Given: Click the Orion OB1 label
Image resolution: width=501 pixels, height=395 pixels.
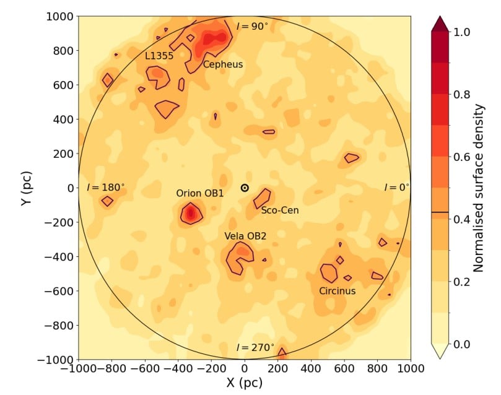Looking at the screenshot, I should [x=200, y=193].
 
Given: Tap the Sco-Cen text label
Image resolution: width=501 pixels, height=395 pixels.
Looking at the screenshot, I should [x=280, y=211].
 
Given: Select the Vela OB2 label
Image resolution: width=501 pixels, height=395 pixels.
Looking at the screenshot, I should [x=245, y=236].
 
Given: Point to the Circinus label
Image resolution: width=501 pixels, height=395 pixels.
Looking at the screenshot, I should [x=338, y=291].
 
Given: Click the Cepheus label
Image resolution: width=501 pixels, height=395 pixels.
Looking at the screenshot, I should [x=223, y=64].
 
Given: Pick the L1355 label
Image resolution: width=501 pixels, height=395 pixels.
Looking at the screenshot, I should [x=159, y=56].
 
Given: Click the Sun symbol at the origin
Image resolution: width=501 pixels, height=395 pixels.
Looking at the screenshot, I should [x=245, y=188].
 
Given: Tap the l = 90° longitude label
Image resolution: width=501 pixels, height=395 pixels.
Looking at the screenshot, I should [x=253, y=26].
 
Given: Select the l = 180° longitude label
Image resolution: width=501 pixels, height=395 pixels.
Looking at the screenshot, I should [x=106, y=186].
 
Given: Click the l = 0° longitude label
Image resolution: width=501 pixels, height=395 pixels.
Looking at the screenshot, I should [x=396, y=187].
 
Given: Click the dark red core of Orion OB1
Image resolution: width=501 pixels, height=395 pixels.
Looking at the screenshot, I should [x=191, y=214].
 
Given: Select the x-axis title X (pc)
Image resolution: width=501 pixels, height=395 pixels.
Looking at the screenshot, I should [x=244, y=383].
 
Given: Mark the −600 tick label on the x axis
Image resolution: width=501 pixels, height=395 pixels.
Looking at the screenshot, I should [x=145, y=368].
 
